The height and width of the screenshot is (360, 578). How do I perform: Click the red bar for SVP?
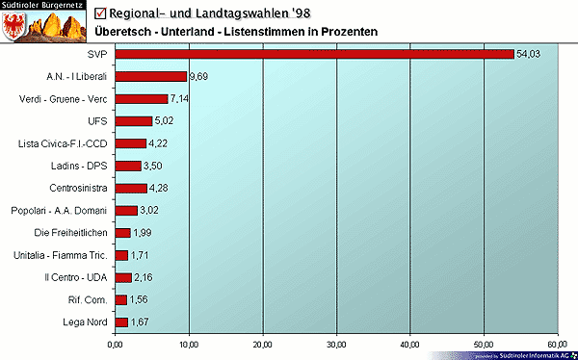coord(314,54)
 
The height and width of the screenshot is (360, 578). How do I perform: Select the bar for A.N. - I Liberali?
coord(150,76)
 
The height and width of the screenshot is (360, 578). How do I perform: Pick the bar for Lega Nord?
coord(120,322)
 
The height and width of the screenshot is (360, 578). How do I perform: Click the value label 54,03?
coord(529,54)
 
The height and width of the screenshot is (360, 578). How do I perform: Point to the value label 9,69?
coord(199,76)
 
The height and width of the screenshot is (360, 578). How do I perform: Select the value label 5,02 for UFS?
coord(166,121)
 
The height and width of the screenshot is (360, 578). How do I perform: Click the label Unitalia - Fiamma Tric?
coord(63,255)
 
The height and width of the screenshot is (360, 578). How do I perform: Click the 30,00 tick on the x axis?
coord(336,343)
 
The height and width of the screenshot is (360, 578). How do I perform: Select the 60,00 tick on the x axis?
coord(558,343)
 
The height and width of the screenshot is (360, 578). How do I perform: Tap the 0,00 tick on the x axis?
coord(115,343)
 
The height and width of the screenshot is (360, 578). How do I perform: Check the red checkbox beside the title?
coord(102,13)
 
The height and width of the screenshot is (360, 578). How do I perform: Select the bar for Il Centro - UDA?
coord(122,277)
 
